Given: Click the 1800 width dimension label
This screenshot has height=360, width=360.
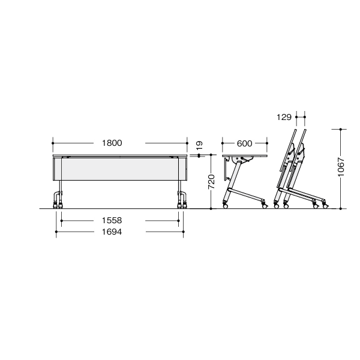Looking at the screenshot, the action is tap(112, 143).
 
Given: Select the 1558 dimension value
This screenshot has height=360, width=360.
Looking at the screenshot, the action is tap(112, 221).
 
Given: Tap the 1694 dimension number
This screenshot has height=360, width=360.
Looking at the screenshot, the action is tap(112, 232).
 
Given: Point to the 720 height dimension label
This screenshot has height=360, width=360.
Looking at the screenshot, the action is tap(211, 182).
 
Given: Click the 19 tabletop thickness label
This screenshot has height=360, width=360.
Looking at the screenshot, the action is tap(199, 145).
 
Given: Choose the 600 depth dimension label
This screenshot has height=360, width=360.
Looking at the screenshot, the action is tap(245, 143).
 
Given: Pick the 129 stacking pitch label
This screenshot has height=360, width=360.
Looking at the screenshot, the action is tap(284, 117).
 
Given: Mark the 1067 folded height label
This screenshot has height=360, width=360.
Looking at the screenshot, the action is tap(341, 167).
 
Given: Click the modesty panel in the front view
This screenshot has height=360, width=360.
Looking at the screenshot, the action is tap(120, 169).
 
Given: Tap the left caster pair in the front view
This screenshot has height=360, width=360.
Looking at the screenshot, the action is tap(58, 205).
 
